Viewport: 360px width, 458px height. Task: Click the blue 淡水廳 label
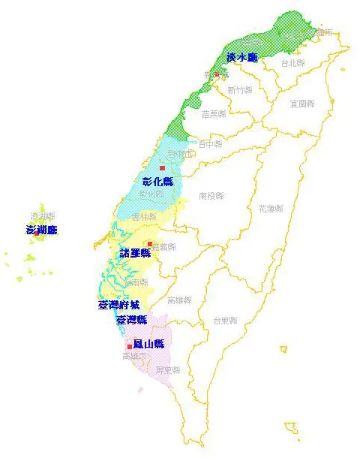point(241,57)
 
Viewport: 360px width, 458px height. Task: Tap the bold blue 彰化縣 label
point(157,182)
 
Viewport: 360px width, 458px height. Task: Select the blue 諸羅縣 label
point(135,253)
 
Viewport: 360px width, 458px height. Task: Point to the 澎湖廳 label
point(41,230)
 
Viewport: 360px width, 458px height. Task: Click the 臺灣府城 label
point(118,306)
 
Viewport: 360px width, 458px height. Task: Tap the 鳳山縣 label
point(148,344)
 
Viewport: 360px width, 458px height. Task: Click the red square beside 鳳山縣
point(130,346)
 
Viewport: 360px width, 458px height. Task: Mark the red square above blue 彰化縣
point(161,167)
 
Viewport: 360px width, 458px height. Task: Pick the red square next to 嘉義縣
point(149,244)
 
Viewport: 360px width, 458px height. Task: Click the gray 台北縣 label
point(292,63)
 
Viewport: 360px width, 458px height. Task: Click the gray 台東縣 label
point(224,321)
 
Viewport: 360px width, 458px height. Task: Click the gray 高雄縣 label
point(179,300)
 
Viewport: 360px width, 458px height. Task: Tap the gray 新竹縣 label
point(239,90)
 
